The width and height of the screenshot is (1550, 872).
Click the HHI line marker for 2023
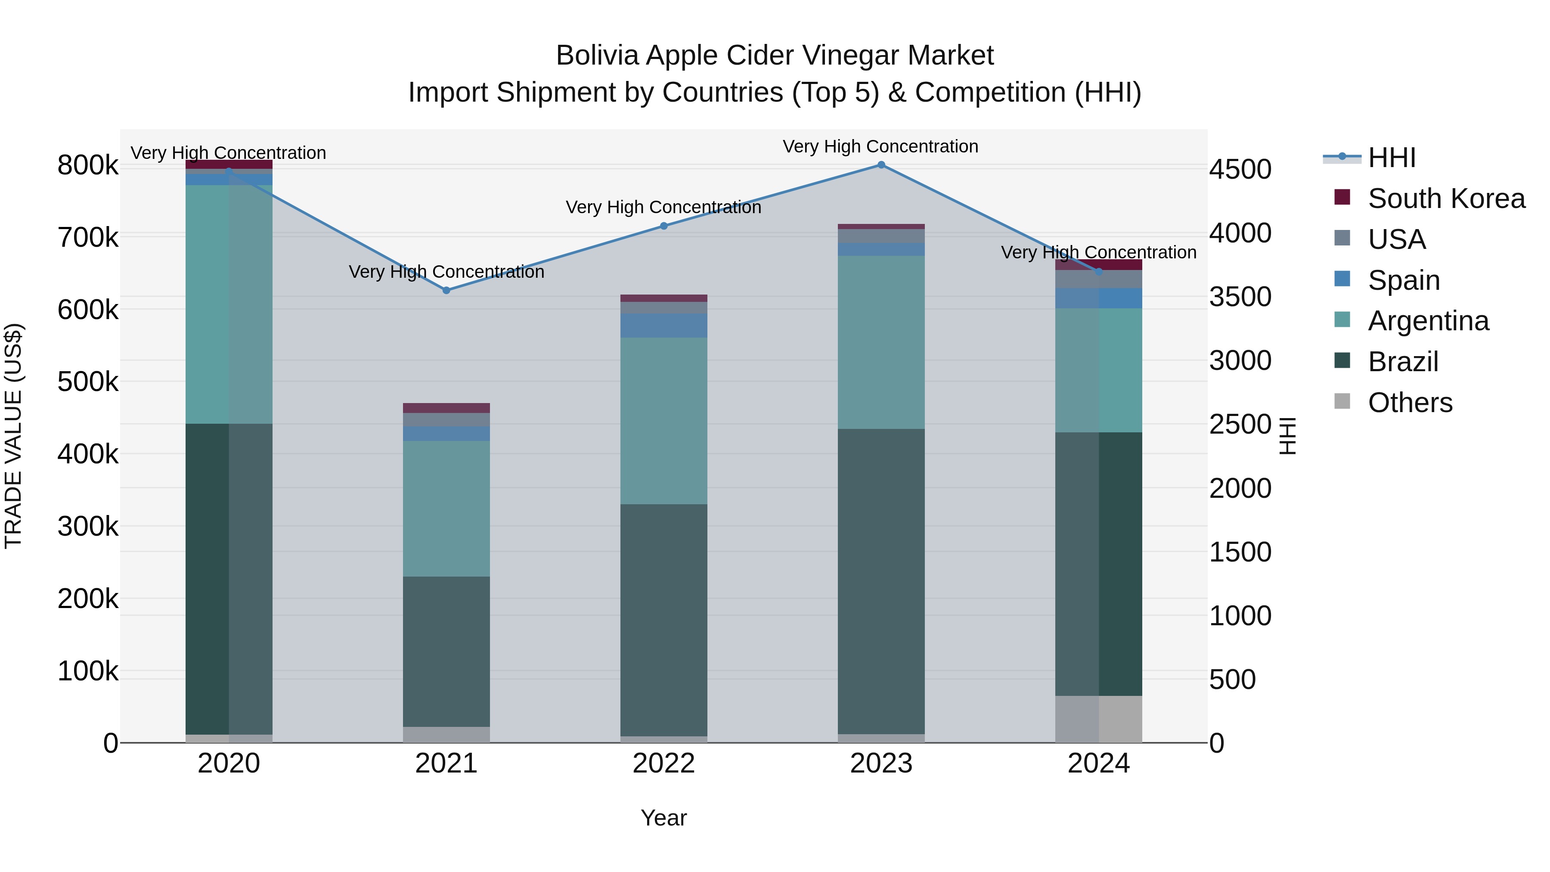pos(881,165)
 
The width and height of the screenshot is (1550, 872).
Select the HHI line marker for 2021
pos(446,290)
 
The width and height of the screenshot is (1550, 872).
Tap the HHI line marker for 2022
pos(663,226)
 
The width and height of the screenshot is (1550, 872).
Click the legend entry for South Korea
pos(1445,199)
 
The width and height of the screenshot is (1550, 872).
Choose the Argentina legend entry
pos(1427,321)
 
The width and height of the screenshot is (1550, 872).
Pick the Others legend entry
pos(1409,403)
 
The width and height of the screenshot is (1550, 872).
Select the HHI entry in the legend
pos(1391,158)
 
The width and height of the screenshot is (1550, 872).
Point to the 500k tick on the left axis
pos(88,382)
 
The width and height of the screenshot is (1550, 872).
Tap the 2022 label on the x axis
pos(663,763)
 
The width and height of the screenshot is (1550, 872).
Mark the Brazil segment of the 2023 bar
pos(881,581)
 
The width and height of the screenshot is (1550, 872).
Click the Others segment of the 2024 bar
pos(1099,719)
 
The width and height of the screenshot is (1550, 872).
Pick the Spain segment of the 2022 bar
pos(663,326)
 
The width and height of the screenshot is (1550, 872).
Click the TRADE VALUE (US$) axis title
pos(13,436)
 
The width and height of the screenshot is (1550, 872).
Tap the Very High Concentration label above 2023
pos(880,147)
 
